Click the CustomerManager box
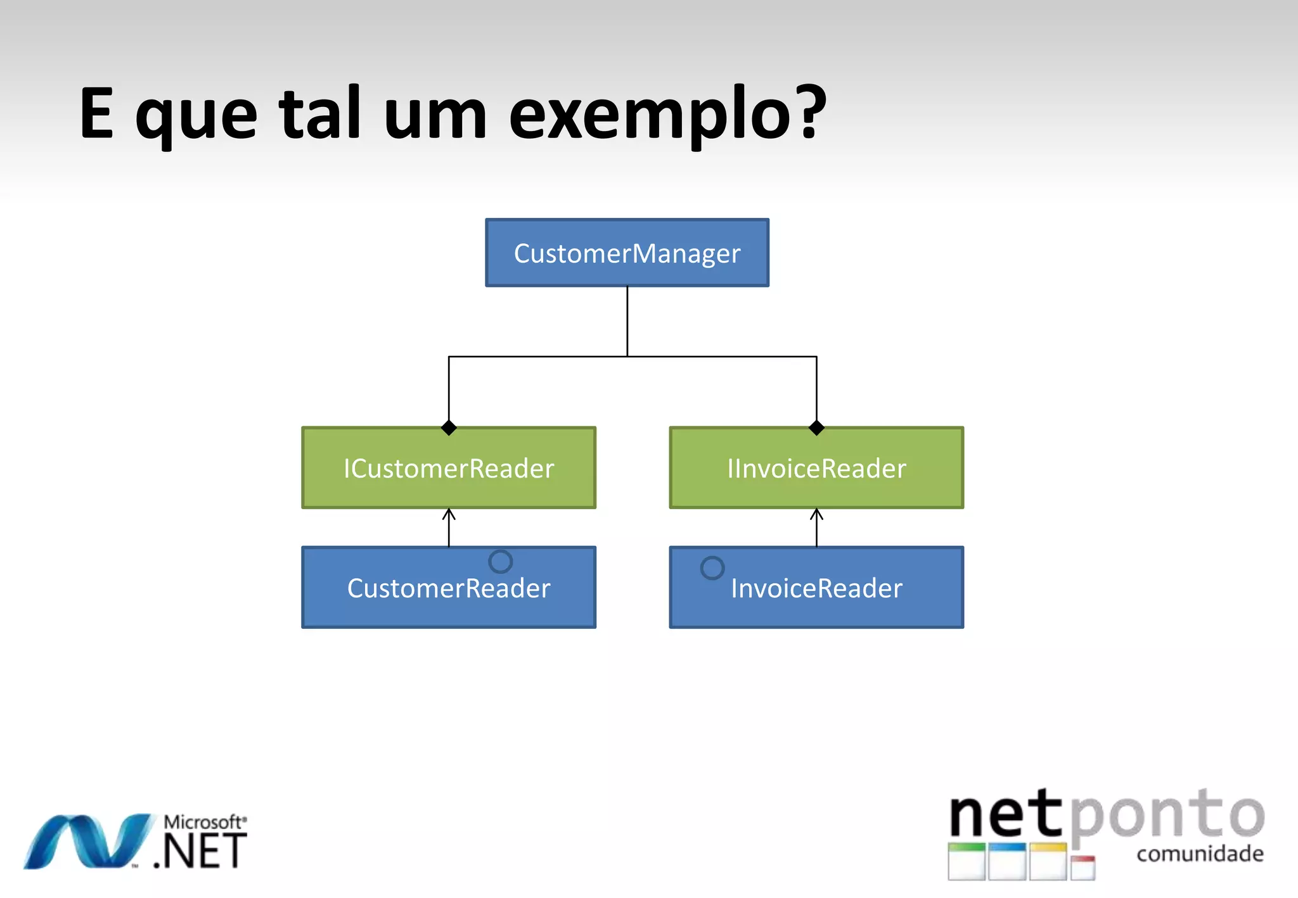627,253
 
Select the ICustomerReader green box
449,468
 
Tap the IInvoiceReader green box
816,468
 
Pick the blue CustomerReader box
449,588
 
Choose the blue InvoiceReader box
816,588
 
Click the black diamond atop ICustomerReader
449,428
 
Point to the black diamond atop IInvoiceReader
816,428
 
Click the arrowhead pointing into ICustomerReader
449,513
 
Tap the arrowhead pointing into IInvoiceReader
816,513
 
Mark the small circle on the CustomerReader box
500,561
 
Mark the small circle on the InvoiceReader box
712,567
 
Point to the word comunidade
1200,854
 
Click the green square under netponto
967,861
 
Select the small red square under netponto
1083,867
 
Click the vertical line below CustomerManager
627,321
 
